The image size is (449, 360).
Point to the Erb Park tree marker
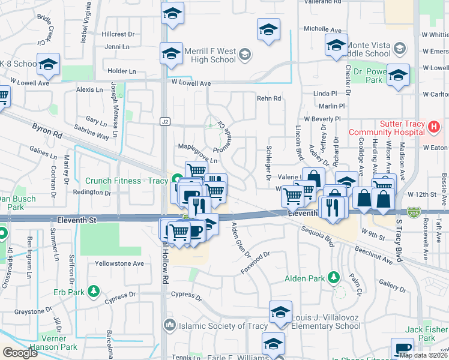point(93,292)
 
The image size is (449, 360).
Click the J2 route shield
point(164,121)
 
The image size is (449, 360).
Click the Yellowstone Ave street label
point(119,263)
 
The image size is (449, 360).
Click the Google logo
point(19,353)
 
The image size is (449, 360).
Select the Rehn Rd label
point(269,98)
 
